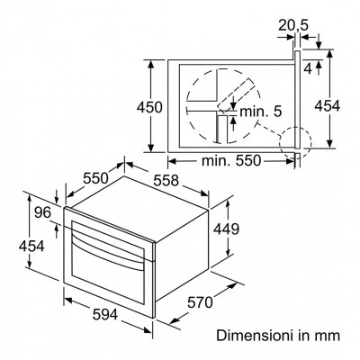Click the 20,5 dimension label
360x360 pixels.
coord(289,25)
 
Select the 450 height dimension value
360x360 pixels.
coord(149,107)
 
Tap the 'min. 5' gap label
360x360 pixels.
coord(261,112)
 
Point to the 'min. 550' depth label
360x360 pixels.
coord(231,161)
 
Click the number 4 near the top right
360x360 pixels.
coord(308,68)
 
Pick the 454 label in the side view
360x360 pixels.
coord(327,106)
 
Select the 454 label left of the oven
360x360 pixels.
coord(31,247)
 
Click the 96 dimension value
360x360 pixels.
coord(42,212)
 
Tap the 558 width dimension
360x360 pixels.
coord(166,181)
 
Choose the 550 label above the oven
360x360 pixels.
coord(95,178)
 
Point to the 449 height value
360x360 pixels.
coord(226,229)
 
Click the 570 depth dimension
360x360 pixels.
coord(200,302)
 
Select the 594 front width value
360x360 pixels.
coord(105,314)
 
